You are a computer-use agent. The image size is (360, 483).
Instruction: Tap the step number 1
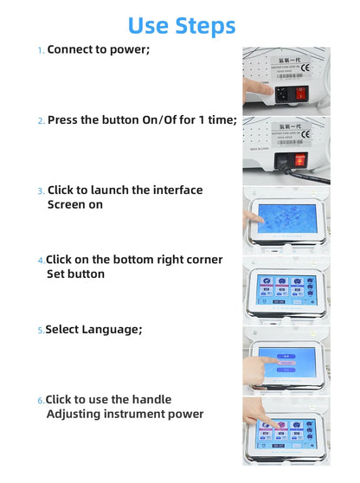point(40,51)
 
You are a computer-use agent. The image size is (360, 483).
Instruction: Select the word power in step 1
point(128,49)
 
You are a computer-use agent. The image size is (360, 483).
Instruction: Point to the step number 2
point(40,121)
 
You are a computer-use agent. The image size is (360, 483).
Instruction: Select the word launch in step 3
point(109,190)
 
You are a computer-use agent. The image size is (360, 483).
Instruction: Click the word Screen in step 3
point(67,204)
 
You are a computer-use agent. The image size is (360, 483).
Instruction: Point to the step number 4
point(40,261)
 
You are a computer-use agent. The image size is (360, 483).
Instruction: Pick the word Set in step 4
point(56,274)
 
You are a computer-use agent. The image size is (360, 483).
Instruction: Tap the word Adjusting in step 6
point(76,414)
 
